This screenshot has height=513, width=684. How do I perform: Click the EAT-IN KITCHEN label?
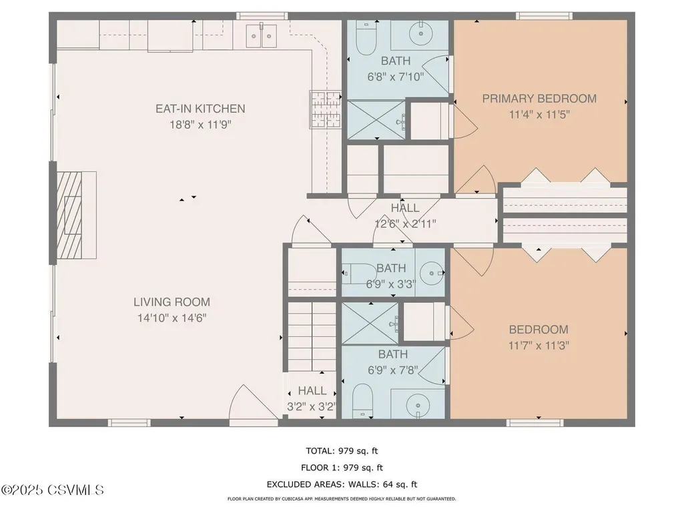(200, 109)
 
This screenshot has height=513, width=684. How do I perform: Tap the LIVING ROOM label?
(172, 302)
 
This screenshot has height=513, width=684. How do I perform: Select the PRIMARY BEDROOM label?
(539, 99)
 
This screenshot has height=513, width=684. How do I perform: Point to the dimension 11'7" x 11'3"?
(539, 346)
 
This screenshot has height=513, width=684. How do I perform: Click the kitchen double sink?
(262, 36)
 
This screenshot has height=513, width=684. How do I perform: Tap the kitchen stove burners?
(326, 109)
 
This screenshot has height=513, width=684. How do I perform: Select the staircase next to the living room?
(312, 337)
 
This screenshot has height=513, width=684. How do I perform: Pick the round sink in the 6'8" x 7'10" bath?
(421, 33)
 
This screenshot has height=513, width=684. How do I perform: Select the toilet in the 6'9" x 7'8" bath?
(362, 400)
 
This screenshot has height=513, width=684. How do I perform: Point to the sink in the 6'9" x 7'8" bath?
(418, 406)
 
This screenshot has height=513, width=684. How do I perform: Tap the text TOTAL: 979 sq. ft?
(342, 451)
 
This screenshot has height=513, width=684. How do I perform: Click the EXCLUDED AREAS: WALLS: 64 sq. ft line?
(342, 484)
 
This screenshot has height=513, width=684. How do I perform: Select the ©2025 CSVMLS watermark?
(52, 490)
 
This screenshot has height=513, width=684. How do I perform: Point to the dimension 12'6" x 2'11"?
(405, 224)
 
